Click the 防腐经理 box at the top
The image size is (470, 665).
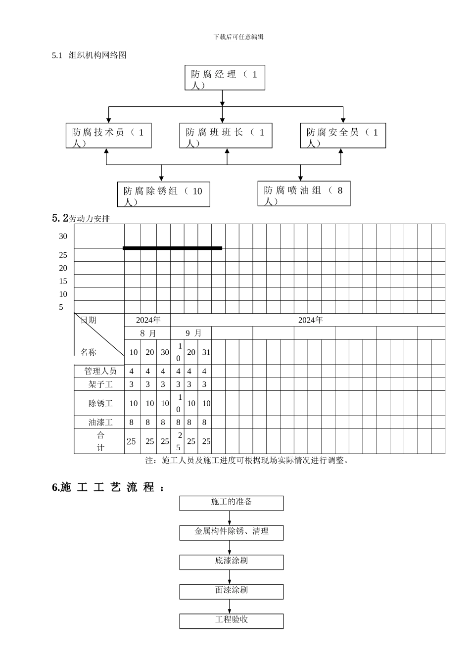coord(225,78)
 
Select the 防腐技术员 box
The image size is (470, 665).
coord(108,136)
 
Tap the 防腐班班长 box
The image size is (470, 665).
coord(226,136)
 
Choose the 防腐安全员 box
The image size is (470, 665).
coord(343,136)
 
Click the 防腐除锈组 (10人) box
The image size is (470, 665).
coord(163,194)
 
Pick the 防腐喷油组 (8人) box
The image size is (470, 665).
coord(304,193)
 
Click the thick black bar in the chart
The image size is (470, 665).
coord(172,248)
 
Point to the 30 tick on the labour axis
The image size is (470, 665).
coord(63,237)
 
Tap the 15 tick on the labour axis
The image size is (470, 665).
coord(63,281)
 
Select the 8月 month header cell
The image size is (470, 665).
coord(147,333)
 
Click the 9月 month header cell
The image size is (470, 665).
coord(193,333)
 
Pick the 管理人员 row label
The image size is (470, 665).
coord(100,371)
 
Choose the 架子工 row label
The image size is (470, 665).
coord(100,384)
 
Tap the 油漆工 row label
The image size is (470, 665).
coord(100,423)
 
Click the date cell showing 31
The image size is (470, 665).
coord(206,352)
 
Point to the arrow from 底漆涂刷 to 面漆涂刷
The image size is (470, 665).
coord(230,577)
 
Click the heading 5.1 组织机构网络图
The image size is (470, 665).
coord(90,55)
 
